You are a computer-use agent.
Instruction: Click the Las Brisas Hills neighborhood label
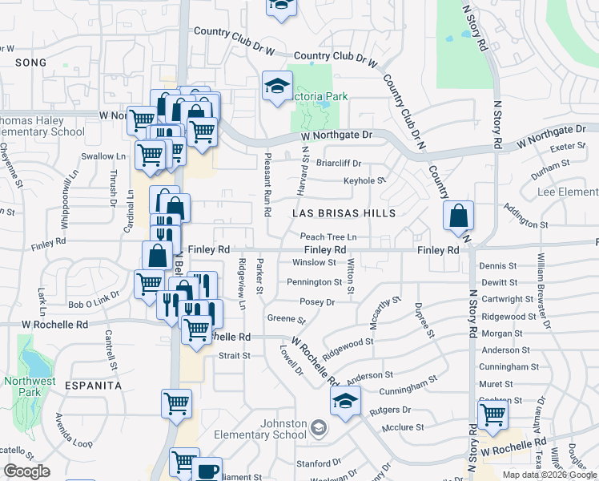344,213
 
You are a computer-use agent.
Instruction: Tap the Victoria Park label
320,96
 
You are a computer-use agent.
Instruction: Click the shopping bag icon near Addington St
458,216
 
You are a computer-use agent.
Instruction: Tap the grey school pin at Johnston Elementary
320,427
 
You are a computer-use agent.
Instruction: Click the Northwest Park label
29,387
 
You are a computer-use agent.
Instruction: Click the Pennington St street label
315,282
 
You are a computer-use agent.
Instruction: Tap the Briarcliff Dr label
339,163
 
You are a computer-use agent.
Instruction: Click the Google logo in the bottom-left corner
26,471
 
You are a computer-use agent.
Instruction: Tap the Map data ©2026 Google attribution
549,475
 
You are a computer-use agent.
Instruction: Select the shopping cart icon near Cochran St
492,415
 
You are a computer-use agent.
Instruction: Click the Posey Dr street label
317,302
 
